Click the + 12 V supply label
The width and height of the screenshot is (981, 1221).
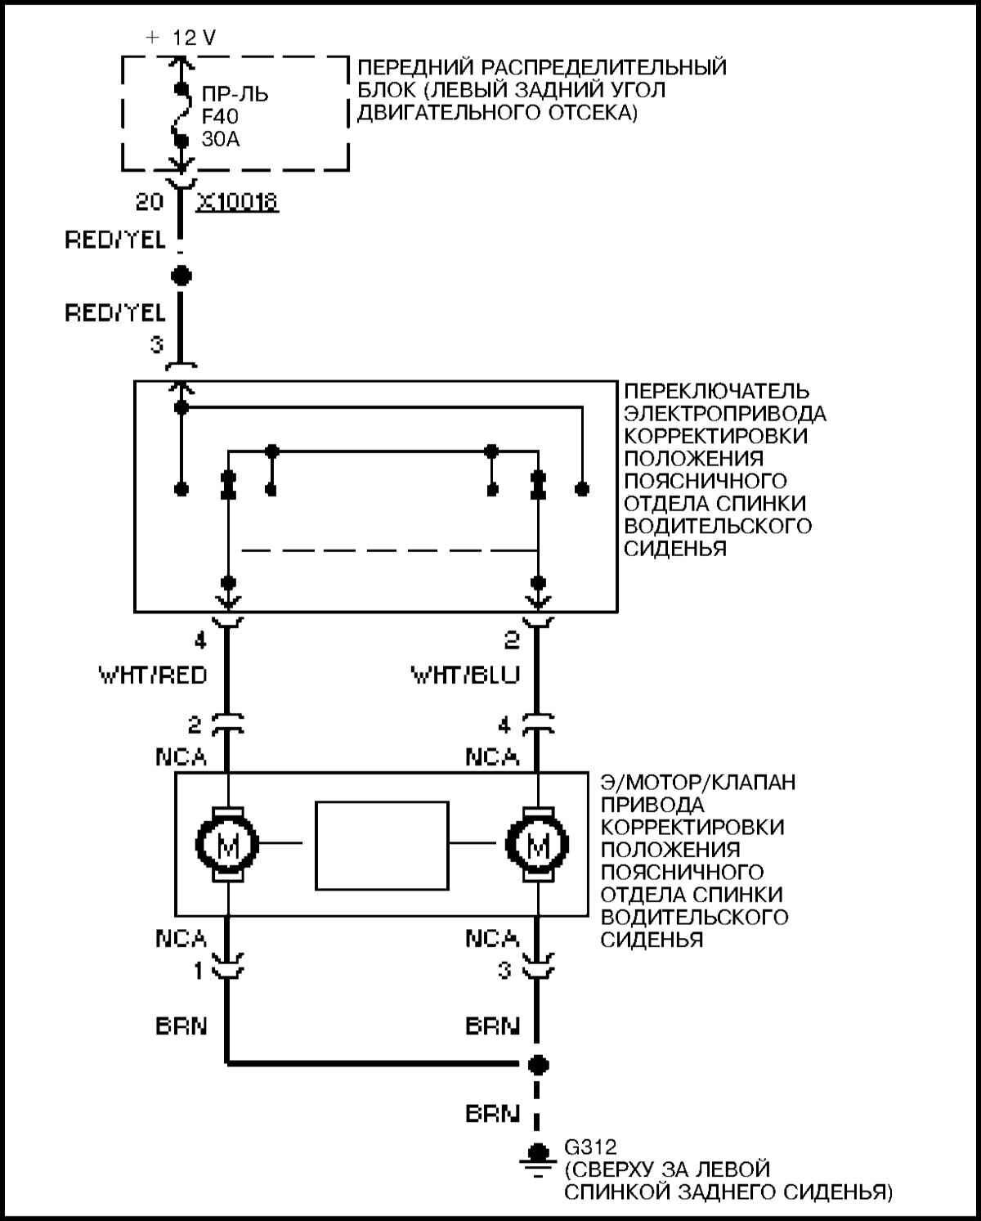pos(181,38)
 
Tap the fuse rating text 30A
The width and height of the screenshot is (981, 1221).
pos(221,140)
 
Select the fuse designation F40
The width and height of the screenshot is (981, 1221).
pos(220,117)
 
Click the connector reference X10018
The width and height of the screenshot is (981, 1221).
pos(237,201)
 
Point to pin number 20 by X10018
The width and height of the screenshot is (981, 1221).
pos(150,201)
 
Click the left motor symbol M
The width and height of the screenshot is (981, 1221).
pos(227,846)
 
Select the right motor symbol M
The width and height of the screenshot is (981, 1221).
pos(537,846)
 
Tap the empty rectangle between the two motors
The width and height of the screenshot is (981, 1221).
pos(382,846)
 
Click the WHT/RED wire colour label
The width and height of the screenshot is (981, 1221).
pos(153,676)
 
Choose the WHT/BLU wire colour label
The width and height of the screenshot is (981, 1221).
pos(464,676)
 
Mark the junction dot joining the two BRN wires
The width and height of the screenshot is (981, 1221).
pos(537,1065)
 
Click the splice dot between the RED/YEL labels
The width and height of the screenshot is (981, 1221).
pos(181,276)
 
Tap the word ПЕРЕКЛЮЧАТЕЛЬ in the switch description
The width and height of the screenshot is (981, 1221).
pos(717,391)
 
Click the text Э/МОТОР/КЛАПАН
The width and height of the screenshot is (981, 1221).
pos(697,783)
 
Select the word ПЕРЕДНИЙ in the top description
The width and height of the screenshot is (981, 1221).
pos(414,67)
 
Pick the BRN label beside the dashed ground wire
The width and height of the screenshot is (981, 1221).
pos(492,1113)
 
